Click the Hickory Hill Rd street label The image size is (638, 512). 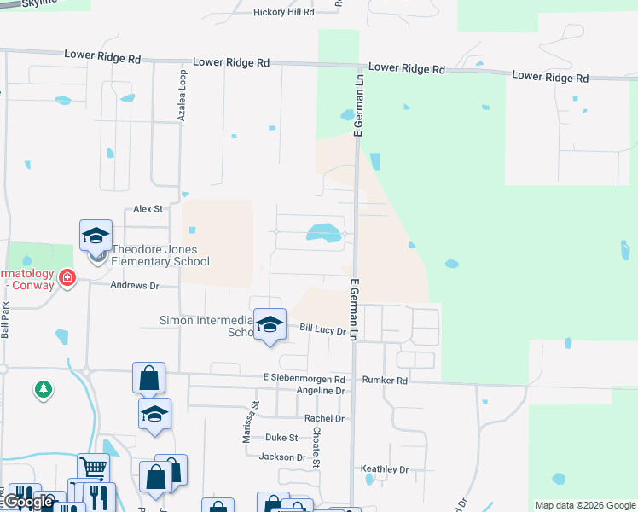[284, 12]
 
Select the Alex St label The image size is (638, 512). [148, 208]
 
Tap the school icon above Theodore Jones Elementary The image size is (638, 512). [96, 235]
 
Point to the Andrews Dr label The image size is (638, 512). [136, 286]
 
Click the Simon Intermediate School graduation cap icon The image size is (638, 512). [270, 325]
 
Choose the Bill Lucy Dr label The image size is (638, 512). [322, 329]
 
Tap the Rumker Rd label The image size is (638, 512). [386, 380]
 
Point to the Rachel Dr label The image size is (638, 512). [324, 419]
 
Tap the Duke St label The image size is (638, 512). [281, 438]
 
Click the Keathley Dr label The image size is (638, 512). [385, 470]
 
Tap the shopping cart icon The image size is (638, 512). [93, 468]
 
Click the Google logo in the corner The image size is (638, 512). [28, 502]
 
